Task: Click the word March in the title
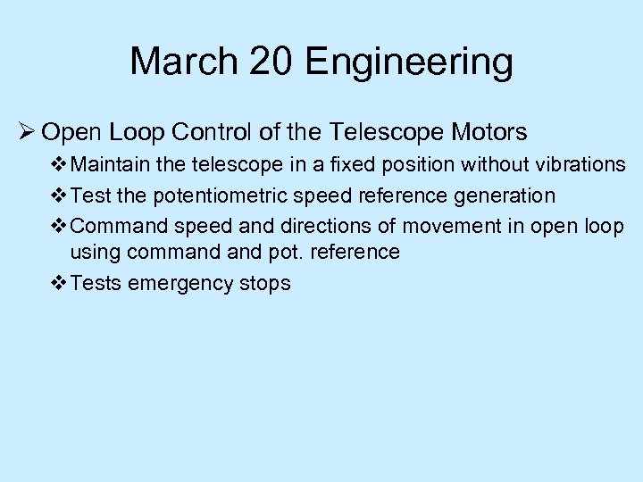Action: coord(181,62)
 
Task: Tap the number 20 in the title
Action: coord(269,62)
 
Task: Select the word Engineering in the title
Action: coord(409,62)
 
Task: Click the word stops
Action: coord(265,284)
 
